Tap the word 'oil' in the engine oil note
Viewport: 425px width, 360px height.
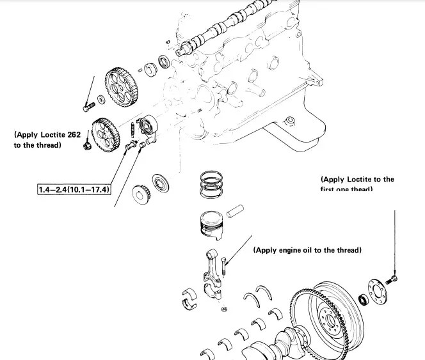[310, 250]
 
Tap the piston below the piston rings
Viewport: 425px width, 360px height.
[211, 224]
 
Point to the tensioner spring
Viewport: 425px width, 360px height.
[132, 130]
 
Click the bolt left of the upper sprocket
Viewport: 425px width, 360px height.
[88, 106]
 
